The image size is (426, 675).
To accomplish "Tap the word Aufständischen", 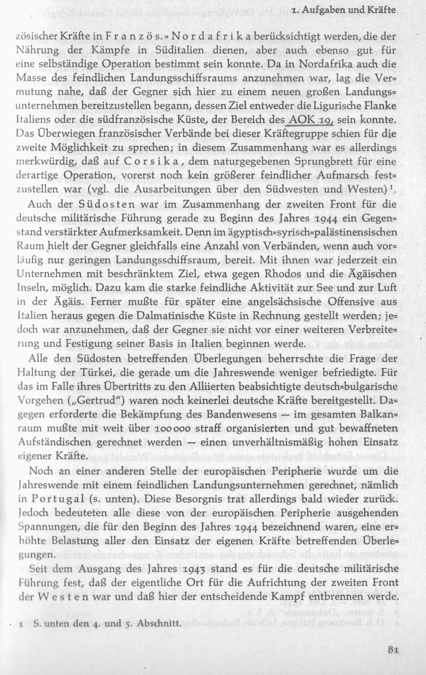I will tap(59, 437).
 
